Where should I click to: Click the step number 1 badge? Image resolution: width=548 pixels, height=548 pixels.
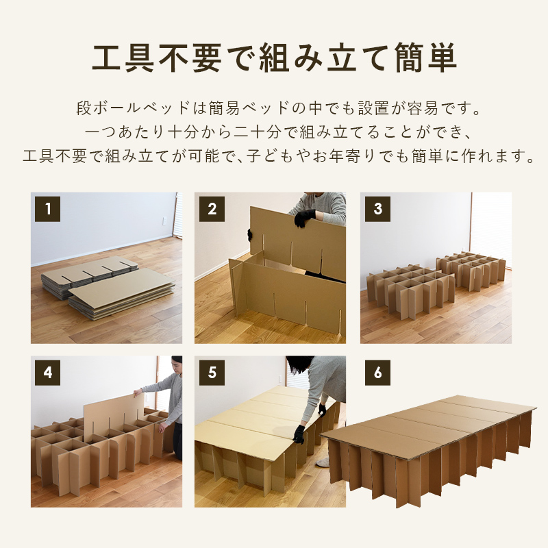[47, 209]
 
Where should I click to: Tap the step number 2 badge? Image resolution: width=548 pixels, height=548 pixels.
[212, 209]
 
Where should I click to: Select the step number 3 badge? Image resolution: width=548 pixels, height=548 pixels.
[378, 209]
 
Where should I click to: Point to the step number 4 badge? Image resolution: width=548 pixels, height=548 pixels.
[47, 373]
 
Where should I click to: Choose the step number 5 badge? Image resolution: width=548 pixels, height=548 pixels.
[212, 373]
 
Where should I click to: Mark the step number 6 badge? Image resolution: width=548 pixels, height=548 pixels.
[378, 373]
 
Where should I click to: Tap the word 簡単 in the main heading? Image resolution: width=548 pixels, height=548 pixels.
[426, 58]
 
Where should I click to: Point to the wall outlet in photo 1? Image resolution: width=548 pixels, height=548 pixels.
[164, 221]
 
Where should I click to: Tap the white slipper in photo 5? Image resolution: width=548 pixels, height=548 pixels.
[323, 463]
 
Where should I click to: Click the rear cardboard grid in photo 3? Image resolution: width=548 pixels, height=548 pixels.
[471, 271]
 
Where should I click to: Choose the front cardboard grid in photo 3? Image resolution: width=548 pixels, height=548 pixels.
[410, 291]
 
